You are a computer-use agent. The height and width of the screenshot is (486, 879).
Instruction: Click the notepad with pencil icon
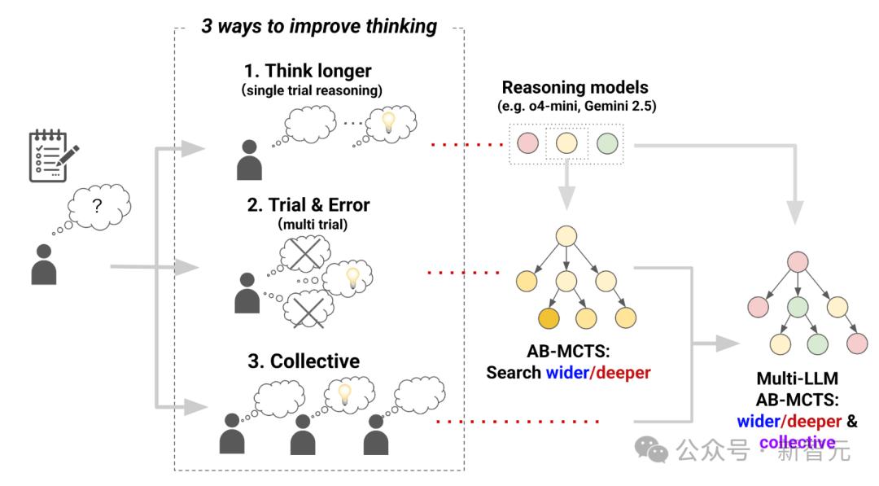[53, 155]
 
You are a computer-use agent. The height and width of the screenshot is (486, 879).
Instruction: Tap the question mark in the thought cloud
[97, 206]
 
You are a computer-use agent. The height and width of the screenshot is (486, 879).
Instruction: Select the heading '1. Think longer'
[307, 71]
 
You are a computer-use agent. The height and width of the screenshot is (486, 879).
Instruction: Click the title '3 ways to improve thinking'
[319, 26]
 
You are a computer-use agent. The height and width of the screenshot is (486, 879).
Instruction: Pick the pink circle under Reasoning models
[527, 143]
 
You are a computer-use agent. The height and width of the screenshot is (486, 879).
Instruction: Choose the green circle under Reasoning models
[607, 143]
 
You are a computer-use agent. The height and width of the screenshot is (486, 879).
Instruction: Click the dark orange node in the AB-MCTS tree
[549, 318]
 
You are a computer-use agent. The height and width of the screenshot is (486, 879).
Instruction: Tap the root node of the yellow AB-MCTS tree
[566, 236]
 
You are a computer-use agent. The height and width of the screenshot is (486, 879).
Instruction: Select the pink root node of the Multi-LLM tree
[798, 262]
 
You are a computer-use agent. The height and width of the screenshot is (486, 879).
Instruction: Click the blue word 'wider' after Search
[567, 373]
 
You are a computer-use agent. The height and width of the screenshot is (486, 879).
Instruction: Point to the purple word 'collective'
[797, 443]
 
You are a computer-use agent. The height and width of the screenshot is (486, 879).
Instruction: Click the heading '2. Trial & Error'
[308, 204]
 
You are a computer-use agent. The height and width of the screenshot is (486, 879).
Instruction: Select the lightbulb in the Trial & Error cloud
[352, 278]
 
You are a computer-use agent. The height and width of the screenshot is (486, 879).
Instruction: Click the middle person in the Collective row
[303, 435]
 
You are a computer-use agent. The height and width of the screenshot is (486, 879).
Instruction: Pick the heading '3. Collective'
[304, 361]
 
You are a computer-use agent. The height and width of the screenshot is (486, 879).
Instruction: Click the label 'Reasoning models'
[575, 87]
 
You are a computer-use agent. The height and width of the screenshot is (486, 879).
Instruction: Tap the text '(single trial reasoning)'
[312, 90]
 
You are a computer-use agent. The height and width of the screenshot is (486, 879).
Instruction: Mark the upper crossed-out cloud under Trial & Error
[305, 253]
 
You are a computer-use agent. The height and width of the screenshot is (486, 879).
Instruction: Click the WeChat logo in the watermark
[651, 449]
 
